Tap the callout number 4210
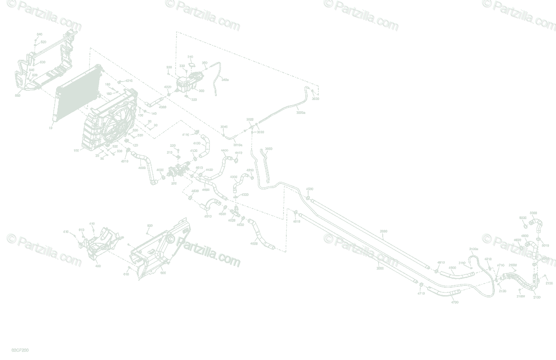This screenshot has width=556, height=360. [129, 81]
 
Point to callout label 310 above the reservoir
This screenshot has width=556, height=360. [190, 57]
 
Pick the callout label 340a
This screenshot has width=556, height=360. [225, 80]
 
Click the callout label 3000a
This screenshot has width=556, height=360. [301, 112]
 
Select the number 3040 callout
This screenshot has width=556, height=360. [224, 126]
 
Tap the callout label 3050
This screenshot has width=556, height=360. [268, 149]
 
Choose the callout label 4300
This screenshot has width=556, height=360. [234, 177]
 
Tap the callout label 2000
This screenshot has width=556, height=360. [380, 268]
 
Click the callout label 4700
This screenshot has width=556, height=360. [455, 302]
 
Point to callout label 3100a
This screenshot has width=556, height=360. [474, 249]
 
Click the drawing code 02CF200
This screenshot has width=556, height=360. [20, 351]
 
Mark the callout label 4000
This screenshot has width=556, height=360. [142, 168]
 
